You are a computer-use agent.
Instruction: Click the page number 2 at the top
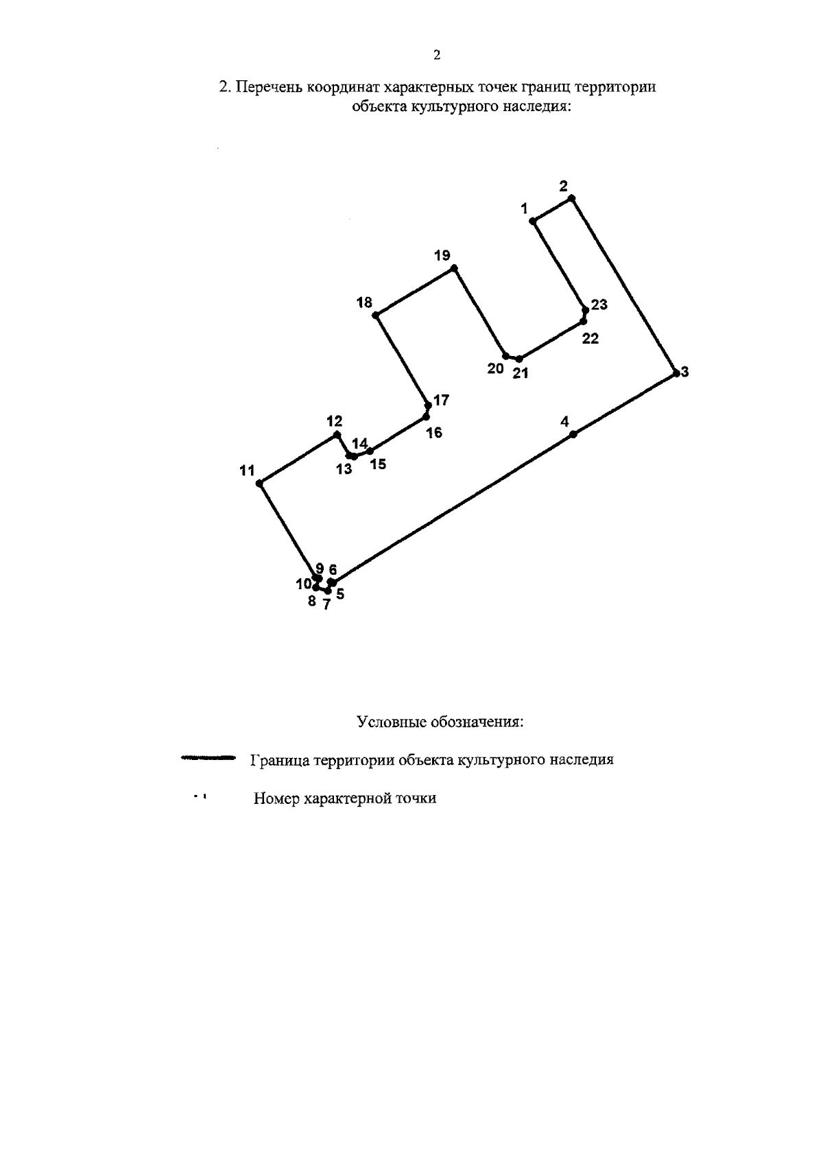[x=437, y=56]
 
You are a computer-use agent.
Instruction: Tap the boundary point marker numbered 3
[x=676, y=372]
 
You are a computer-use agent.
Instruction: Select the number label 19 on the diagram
[x=442, y=256]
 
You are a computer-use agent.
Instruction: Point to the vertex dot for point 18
[x=375, y=315]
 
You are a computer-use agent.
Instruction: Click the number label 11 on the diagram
[x=248, y=471]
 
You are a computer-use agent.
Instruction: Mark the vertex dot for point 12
[x=336, y=435]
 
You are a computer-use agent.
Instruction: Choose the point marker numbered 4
[x=574, y=433]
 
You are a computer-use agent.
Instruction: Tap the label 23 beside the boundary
[x=599, y=305]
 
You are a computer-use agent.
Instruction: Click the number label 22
[x=590, y=338]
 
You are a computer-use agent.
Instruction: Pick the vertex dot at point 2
[x=571, y=198]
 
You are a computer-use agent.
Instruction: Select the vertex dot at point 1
[x=533, y=221]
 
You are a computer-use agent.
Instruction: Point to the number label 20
[x=495, y=368]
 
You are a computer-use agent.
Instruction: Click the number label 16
[x=434, y=433]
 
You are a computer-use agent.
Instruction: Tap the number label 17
[x=441, y=400]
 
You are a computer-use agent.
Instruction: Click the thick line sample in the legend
[x=208, y=758]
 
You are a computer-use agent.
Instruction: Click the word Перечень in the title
[x=270, y=88]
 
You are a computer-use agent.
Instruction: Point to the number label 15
[x=378, y=464]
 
